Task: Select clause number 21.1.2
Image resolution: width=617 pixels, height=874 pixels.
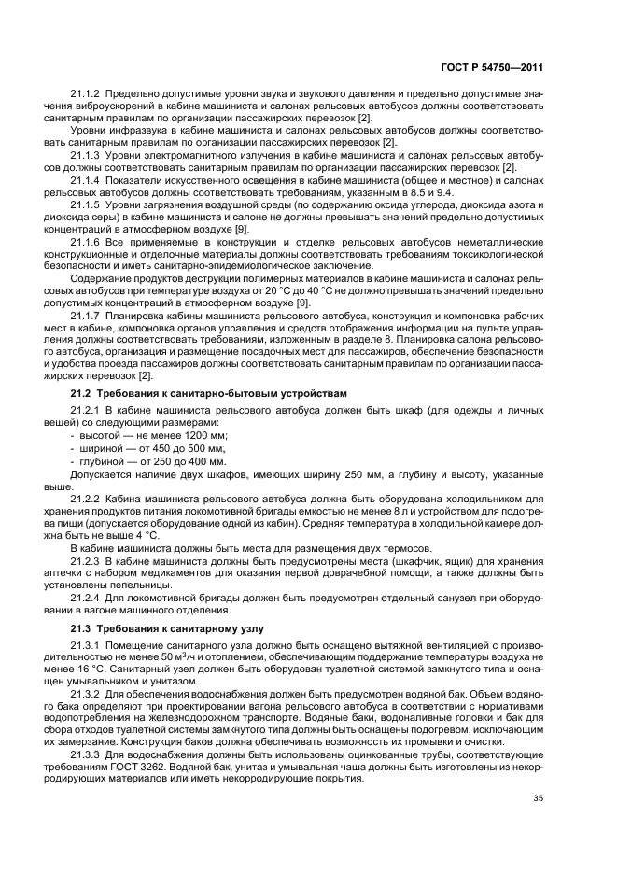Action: tap(86, 94)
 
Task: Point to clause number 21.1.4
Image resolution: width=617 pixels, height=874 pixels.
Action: tap(86, 179)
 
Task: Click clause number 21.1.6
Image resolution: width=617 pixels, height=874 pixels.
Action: tap(86, 241)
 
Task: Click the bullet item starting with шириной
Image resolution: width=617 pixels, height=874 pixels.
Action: tap(153, 448)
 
